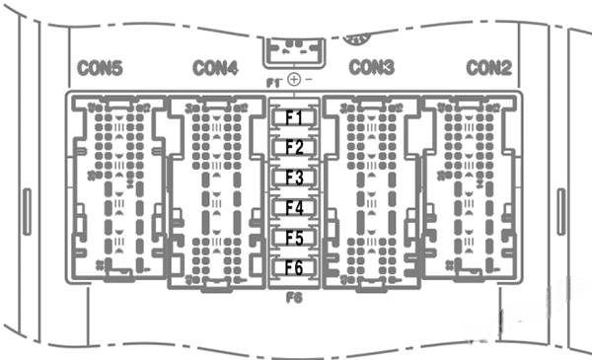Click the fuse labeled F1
295,118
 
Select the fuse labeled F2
295,148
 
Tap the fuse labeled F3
295,179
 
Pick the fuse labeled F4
295,208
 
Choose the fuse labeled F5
295,238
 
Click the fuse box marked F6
295,267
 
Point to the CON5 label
101,69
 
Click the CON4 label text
215,68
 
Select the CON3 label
372,67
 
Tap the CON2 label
487,68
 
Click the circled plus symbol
294,78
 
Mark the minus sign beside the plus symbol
309,78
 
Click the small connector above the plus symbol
294,48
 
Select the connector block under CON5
115,187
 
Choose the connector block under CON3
372,187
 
